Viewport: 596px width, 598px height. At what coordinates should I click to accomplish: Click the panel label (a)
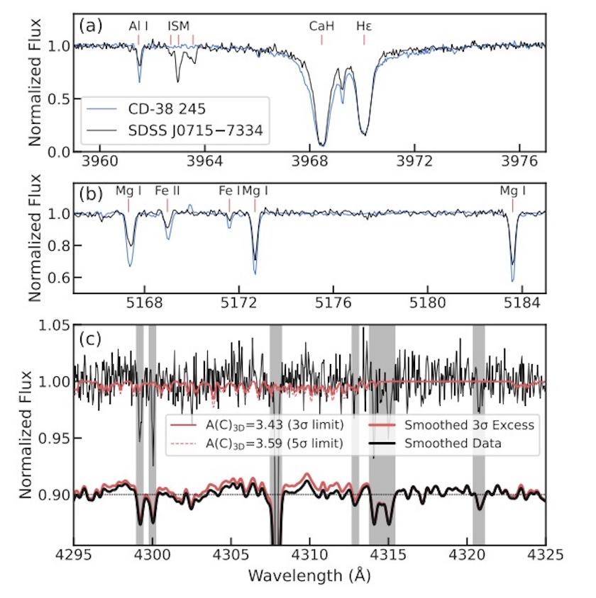(91, 26)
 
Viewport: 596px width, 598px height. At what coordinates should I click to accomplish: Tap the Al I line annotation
(138, 26)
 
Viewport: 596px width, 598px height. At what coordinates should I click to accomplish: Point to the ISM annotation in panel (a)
(179, 26)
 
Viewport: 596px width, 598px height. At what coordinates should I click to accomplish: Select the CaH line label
(321, 26)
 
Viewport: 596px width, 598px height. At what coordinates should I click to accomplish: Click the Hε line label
(364, 26)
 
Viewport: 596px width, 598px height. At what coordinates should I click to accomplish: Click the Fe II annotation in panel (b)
(167, 191)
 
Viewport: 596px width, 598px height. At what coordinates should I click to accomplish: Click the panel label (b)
(91, 191)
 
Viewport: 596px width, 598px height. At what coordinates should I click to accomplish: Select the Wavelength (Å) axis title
(309, 575)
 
